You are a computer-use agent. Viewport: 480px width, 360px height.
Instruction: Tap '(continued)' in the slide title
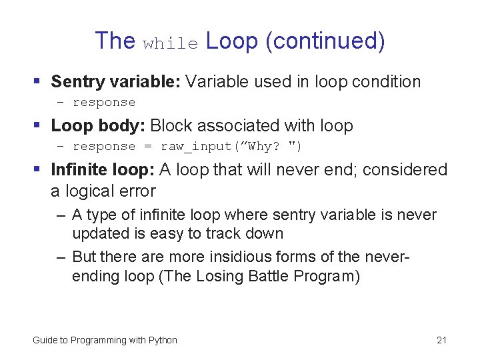click(x=325, y=41)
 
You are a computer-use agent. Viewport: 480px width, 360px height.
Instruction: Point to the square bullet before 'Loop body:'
click(x=37, y=125)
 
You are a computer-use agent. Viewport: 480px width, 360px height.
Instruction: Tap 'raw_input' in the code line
click(x=193, y=147)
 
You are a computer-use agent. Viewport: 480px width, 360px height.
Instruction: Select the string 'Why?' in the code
click(x=265, y=147)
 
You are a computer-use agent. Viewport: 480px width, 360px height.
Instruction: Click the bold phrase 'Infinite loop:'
click(x=103, y=170)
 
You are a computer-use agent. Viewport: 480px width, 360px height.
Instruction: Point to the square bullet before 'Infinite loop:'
click(x=37, y=170)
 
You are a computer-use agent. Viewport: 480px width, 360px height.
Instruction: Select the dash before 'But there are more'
click(x=61, y=257)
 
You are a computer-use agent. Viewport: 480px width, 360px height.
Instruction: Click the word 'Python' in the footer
click(x=163, y=341)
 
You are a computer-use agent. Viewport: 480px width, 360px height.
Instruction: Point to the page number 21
click(x=441, y=341)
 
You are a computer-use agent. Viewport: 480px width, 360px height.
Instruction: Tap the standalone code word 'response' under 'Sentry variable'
click(x=104, y=103)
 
